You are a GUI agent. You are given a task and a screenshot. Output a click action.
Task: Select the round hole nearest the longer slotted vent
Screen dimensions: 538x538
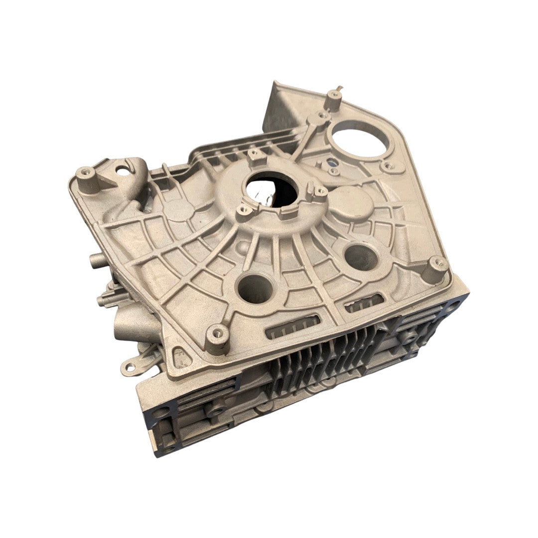click(x=256, y=289)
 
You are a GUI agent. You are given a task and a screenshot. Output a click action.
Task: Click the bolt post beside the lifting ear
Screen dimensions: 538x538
click(x=86, y=178)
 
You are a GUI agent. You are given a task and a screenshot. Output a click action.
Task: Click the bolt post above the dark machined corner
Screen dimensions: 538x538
click(x=437, y=267)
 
